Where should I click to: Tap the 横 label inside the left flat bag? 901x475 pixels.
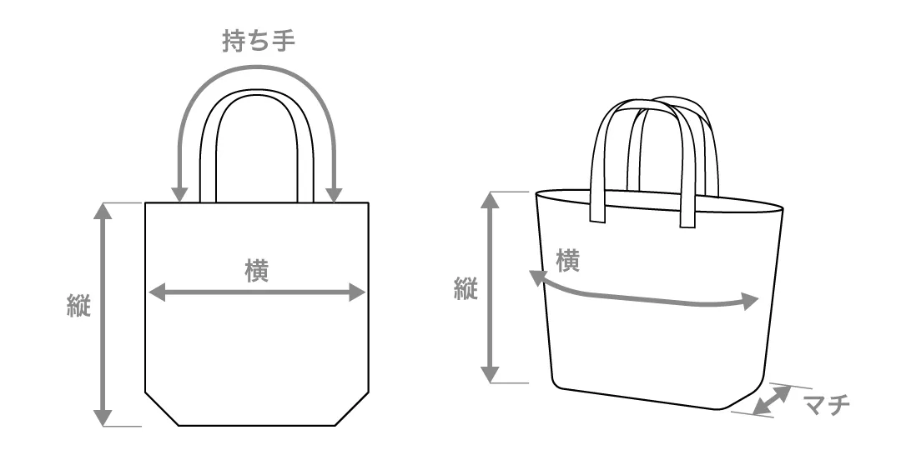tap(257, 272)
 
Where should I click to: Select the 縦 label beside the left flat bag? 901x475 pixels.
tap(78, 305)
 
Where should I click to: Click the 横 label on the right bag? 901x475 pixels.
tap(567, 261)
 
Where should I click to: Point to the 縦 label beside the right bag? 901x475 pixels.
tap(465, 289)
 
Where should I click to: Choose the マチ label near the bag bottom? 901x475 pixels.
tap(826, 406)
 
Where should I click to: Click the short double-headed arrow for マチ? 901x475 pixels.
tap(772, 401)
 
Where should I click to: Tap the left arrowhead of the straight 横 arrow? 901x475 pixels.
tap(156, 292)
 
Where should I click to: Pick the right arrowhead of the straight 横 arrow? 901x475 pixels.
tap(358, 292)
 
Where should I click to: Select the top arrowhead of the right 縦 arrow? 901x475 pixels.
tap(491, 200)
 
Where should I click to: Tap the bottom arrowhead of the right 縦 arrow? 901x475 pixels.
tap(491, 374)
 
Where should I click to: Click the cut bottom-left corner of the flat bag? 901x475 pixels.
tap(163, 408)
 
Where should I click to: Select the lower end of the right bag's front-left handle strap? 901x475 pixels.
tap(597, 220)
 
